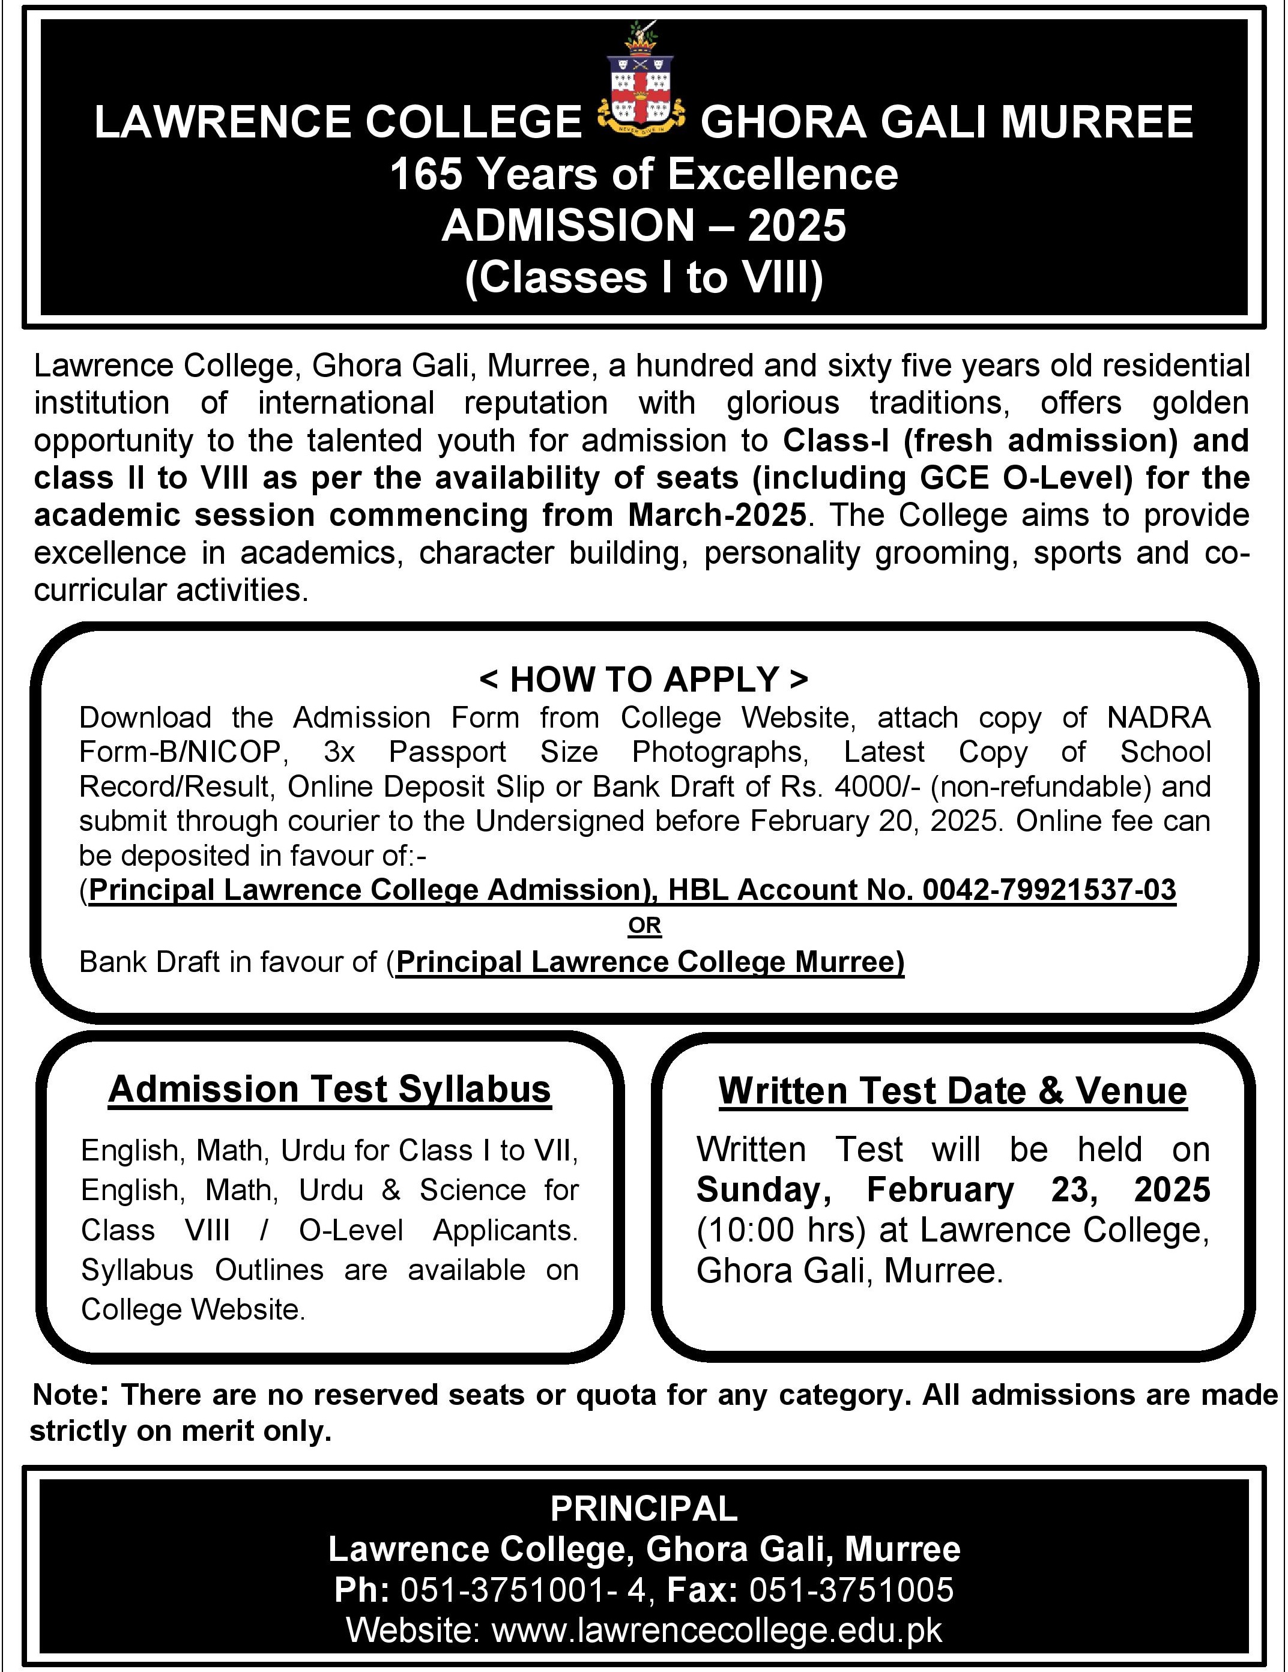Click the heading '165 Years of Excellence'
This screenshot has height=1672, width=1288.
[643, 175]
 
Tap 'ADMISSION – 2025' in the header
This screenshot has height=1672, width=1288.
[643, 226]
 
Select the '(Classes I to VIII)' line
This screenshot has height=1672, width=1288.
[643, 277]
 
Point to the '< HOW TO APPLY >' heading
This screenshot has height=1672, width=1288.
[643, 679]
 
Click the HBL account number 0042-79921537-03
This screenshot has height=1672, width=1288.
[1049, 890]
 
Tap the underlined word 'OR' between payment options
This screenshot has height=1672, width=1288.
[644, 926]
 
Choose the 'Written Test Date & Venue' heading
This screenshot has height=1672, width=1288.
[952, 1091]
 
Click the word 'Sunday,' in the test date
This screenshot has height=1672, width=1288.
[763, 1190]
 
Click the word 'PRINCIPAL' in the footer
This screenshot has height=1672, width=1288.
[643, 1509]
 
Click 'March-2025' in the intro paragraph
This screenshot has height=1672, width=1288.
[716, 515]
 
